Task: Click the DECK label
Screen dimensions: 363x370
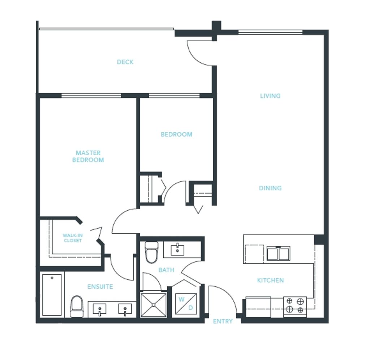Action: click(x=125, y=62)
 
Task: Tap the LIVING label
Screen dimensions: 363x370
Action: click(x=270, y=96)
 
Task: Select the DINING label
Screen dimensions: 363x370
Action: click(x=270, y=188)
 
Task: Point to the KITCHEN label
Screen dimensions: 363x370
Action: click(x=270, y=280)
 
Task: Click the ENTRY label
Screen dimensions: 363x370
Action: click(x=223, y=321)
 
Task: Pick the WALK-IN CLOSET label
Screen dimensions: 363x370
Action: click(x=73, y=238)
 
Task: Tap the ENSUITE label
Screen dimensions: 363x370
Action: click(x=100, y=287)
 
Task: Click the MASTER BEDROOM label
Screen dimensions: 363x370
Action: click(x=88, y=156)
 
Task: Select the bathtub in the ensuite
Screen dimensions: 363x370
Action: click(x=52, y=295)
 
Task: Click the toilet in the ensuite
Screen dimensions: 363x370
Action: click(x=77, y=306)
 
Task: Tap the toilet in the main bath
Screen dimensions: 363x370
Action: click(x=151, y=252)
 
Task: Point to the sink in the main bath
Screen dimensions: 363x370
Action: click(x=178, y=250)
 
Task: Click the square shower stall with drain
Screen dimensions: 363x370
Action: click(x=154, y=305)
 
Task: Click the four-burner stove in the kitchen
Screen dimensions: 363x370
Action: click(x=295, y=305)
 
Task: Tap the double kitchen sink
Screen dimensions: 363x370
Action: click(x=278, y=253)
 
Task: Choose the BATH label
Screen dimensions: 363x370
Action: click(x=166, y=270)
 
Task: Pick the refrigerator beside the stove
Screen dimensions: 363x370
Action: click(x=258, y=307)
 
